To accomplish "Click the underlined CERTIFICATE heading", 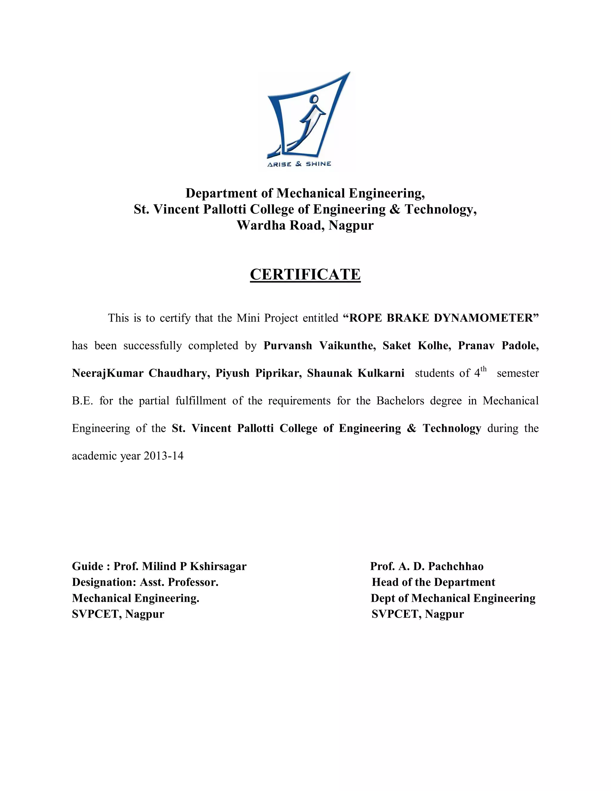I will click(305, 275).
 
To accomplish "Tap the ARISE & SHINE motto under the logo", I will click(299, 164).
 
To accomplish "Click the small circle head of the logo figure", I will click(314, 99).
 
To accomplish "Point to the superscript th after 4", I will click(484, 369).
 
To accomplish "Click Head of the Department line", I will click(433, 582).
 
